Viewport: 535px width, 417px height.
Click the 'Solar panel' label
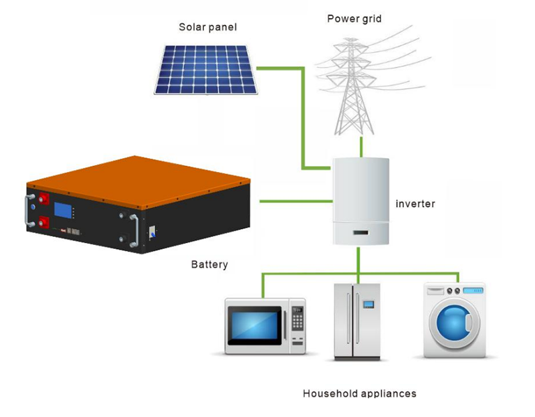[x=207, y=27]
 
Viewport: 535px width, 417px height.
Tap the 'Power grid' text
[x=354, y=19]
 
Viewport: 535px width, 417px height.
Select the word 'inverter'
[x=415, y=203]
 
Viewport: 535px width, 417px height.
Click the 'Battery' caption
[x=209, y=264]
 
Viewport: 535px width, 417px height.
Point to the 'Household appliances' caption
[x=359, y=393]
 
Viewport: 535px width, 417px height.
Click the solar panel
[x=206, y=69]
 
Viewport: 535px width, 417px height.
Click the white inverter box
[x=360, y=197]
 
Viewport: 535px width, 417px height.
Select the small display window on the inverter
[x=360, y=234]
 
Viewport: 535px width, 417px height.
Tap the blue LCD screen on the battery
[x=64, y=210]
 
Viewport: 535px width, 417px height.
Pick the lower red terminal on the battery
[x=45, y=221]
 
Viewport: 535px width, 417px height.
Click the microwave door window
[x=255, y=325]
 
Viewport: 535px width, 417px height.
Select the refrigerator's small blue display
[x=368, y=305]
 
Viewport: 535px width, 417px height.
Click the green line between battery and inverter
[x=295, y=200]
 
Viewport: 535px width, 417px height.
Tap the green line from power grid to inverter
[x=361, y=147]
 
